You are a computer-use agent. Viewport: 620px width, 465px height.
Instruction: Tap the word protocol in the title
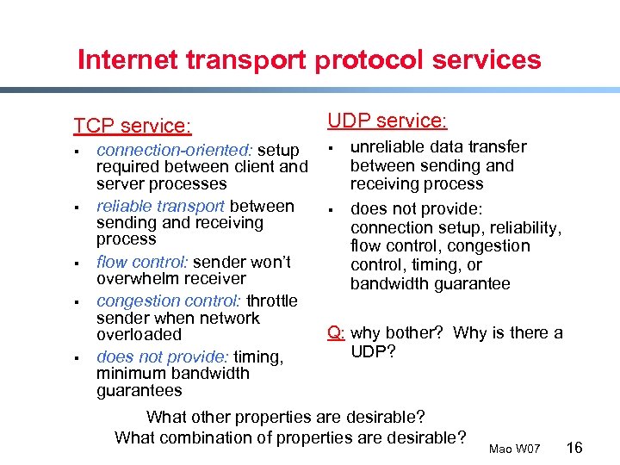(341, 60)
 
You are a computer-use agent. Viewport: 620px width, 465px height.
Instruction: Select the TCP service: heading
(132, 126)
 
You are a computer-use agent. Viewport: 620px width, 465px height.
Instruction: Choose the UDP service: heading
(387, 121)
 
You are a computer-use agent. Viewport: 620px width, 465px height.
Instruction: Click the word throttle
(272, 301)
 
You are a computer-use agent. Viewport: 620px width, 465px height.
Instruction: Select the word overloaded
(139, 335)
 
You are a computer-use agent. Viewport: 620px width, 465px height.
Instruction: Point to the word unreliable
(388, 147)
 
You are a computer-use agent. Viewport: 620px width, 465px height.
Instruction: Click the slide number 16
(575, 447)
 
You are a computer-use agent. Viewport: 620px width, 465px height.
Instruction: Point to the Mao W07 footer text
(514, 449)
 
